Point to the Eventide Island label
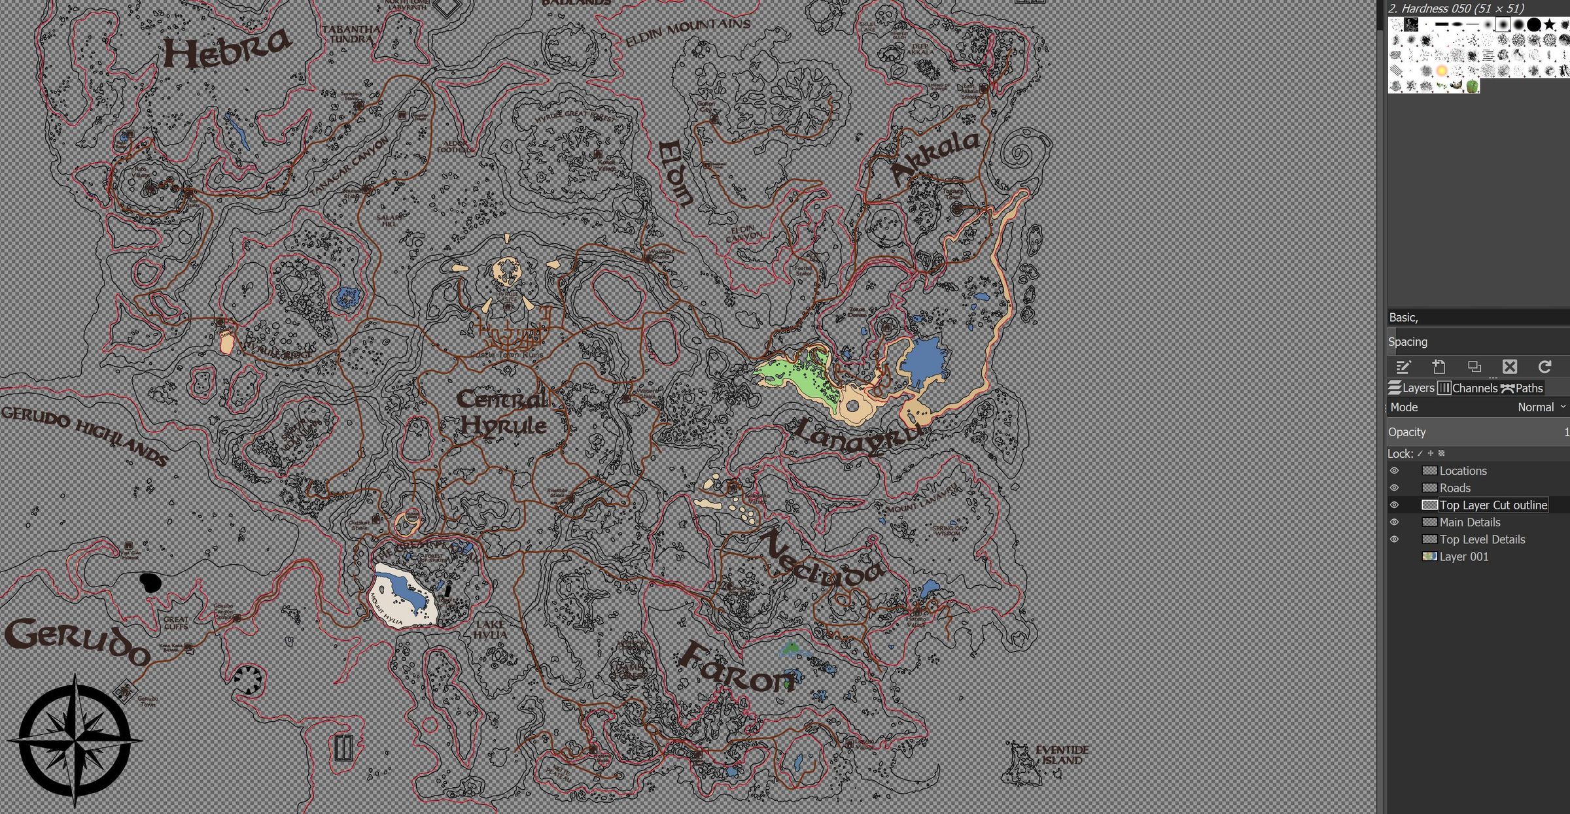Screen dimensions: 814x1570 (1062, 755)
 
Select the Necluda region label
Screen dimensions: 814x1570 (821, 559)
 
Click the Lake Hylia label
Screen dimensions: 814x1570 (490, 630)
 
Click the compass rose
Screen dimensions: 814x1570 (75, 741)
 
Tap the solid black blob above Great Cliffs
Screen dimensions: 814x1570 (150, 582)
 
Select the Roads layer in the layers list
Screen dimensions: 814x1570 (1455, 488)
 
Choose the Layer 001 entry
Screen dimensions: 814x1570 (1463, 556)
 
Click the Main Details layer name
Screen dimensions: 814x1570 (1469, 522)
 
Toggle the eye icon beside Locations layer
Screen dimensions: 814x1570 (1394, 471)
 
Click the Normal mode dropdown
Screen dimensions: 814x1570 (1541, 407)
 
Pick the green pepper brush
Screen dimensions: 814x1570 (1472, 86)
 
